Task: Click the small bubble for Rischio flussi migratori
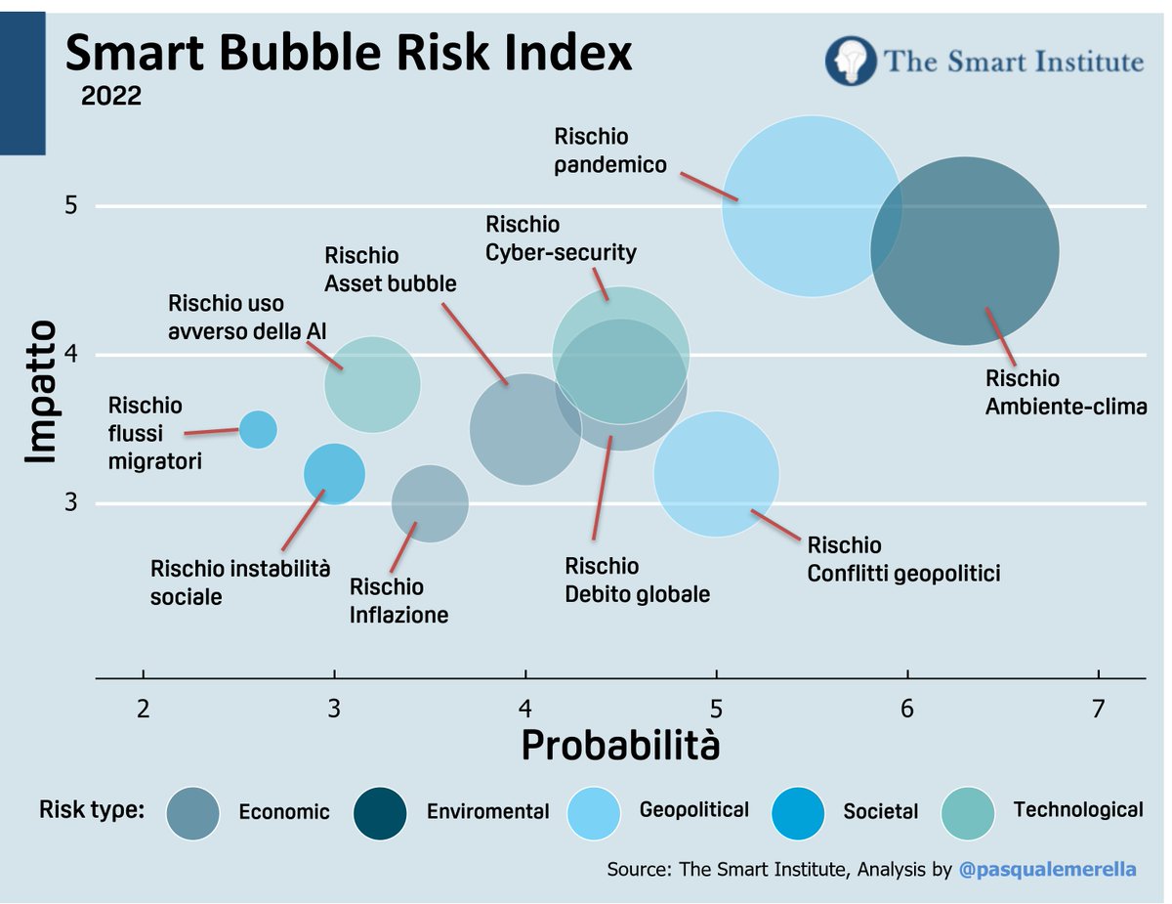point(257,429)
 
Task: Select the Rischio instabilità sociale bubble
point(334,475)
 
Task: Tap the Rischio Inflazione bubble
point(430,503)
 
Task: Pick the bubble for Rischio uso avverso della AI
point(372,384)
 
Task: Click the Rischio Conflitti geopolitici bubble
point(716,475)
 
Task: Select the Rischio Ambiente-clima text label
point(1066,392)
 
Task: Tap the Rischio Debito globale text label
point(637,580)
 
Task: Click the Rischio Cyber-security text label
point(561,239)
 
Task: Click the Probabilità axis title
point(620,746)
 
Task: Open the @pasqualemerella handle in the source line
point(1048,869)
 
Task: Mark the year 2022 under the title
point(112,97)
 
